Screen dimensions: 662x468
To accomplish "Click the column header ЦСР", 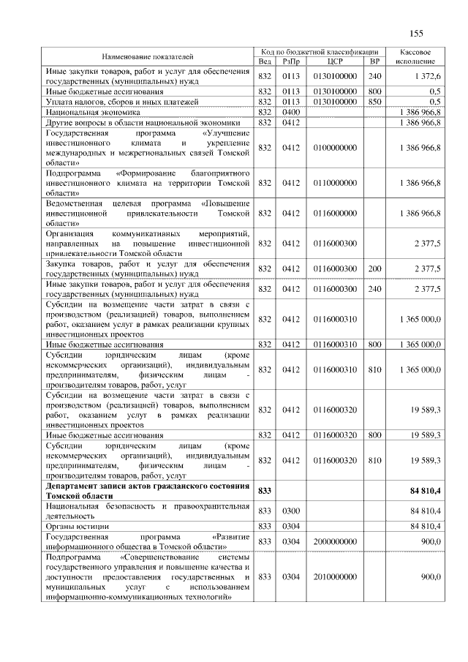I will click(336, 61).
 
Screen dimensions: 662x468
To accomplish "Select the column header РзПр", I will click(292, 61).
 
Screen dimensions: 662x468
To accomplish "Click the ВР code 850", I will click(375, 102).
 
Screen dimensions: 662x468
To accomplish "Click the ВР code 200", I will click(375, 268).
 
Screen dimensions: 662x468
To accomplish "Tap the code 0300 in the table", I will click(292, 510).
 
